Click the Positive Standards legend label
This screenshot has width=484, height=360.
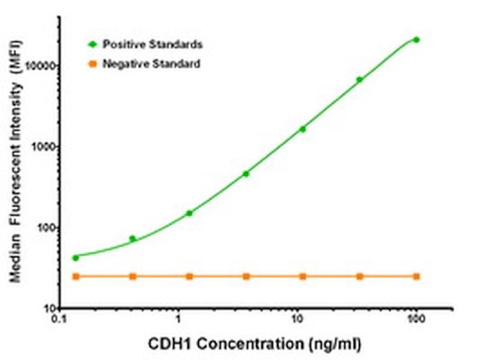[x=152, y=45]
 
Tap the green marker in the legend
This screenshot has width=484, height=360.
[x=93, y=45]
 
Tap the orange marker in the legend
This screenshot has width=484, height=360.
[x=93, y=64]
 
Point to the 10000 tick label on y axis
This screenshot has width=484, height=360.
[x=42, y=66]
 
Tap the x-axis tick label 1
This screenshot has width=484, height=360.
[x=178, y=320]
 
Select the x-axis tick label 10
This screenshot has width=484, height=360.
[x=297, y=320]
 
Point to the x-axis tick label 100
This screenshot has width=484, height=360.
[x=415, y=320]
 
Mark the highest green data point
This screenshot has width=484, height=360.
[x=416, y=40]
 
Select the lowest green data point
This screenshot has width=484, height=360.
[x=75, y=258]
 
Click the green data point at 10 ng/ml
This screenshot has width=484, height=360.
[x=302, y=129]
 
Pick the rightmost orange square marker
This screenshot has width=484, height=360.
[x=416, y=277]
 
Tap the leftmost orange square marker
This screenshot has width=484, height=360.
[x=75, y=277]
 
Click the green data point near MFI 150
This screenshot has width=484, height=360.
[x=189, y=213]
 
